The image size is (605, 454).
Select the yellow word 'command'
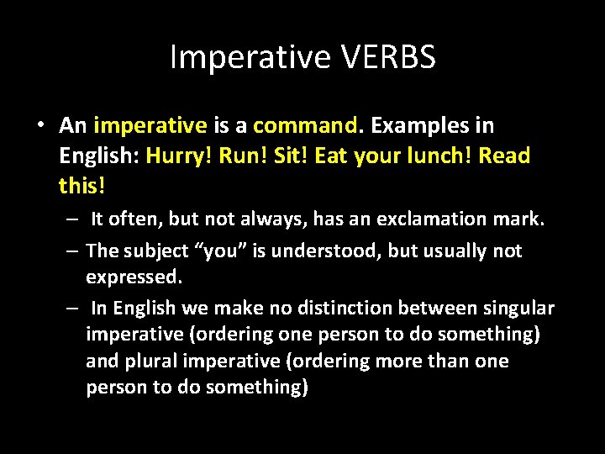306,126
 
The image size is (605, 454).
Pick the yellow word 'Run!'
244,156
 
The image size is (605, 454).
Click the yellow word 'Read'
506,156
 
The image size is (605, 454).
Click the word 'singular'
517,308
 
